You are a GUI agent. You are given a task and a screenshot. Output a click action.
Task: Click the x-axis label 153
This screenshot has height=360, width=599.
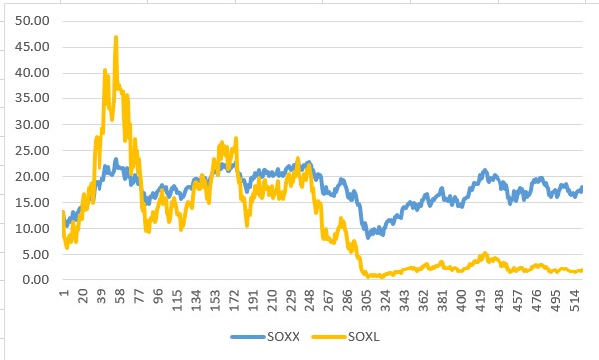pos(215,299)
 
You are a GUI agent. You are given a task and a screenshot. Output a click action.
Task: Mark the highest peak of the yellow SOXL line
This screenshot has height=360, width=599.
pos(116,38)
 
